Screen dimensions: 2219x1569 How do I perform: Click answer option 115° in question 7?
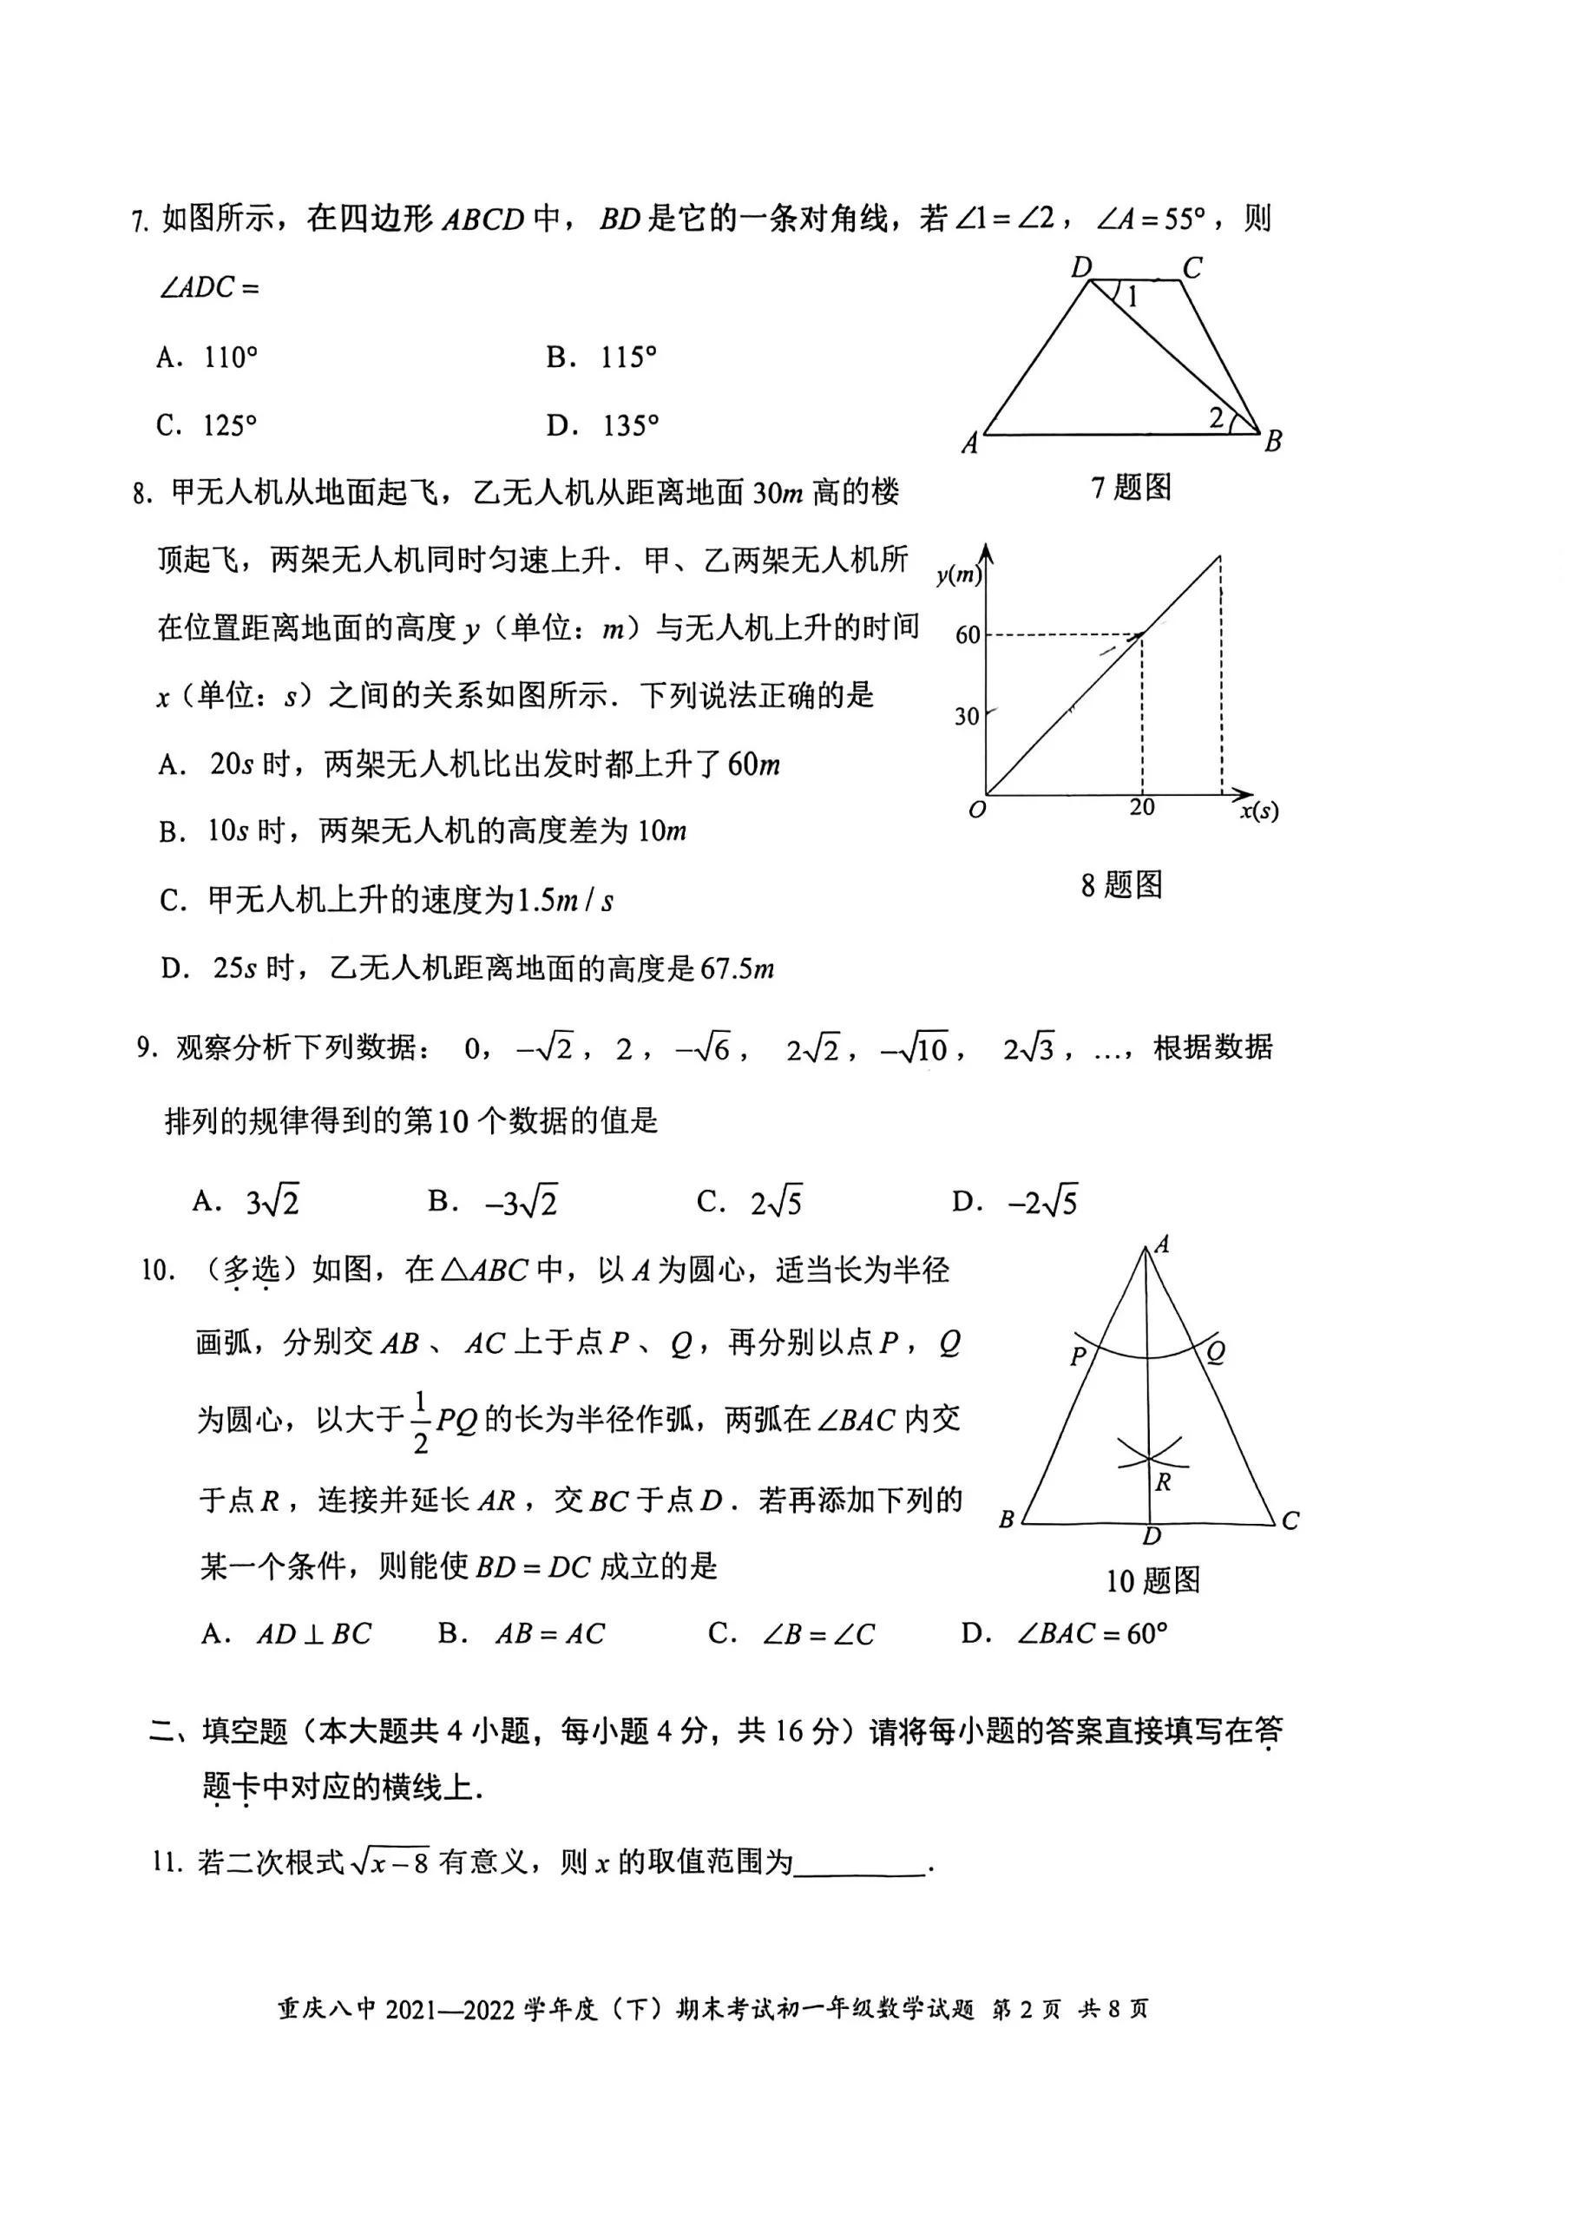point(627,358)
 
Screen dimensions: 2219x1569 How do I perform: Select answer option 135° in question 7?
point(629,425)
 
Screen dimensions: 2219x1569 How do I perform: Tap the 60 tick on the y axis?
point(967,635)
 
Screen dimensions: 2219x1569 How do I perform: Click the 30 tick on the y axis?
point(967,716)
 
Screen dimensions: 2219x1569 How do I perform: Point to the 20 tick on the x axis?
point(1142,807)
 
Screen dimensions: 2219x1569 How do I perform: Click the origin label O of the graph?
point(976,810)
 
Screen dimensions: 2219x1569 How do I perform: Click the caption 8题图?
point(1121,884)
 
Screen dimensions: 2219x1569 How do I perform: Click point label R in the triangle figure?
point(1164,1481)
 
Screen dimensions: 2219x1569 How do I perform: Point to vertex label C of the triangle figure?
point(1290,1521)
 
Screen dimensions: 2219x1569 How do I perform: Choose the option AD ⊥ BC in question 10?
point(313,1633)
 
